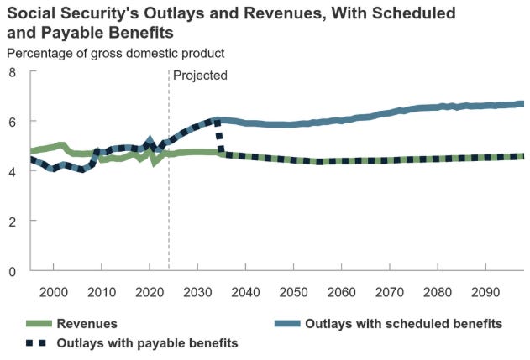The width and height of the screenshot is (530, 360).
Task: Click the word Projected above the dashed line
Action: [x=200, y=75]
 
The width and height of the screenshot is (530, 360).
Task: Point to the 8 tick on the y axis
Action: [x=13, y=72]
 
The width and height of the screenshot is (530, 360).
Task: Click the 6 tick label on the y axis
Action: [x=13, y=122]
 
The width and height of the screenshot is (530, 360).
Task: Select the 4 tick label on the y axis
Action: [x=13, y=171]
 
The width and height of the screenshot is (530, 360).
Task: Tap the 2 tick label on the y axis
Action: [x=13, y=221]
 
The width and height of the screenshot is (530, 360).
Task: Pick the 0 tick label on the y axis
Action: [x=13, y=271]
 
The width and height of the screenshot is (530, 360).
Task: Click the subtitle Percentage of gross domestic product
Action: [x=115, y=53]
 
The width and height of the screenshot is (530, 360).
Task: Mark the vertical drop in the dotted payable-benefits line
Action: [x=220, y=137]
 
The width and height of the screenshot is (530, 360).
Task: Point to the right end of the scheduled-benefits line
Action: [x=522, y=104]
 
